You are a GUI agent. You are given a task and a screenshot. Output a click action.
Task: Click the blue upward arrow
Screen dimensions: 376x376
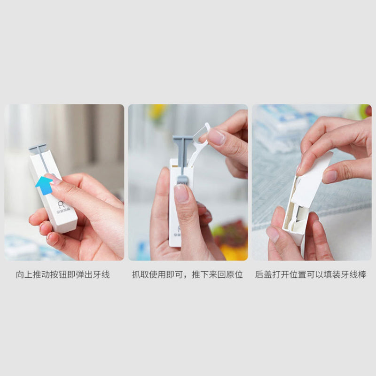(44, 186)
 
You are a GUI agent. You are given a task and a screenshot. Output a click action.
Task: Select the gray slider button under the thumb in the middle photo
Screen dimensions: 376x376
(182, 180)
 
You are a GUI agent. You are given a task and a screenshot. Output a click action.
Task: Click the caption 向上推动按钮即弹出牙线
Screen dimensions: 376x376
(63, 274)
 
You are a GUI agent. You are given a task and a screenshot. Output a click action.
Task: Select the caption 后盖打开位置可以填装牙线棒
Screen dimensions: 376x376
(311, 274)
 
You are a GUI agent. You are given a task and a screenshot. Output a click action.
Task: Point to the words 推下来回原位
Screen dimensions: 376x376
(217, 274)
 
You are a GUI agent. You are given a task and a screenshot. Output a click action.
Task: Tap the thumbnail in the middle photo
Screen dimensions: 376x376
(181, 193)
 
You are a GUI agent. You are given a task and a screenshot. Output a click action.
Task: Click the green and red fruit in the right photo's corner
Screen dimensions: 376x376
(365, 111)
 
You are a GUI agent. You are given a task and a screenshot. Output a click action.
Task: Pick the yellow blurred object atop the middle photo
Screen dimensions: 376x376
(157, 111)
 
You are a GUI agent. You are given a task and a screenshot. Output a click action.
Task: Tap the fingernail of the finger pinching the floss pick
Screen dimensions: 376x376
(216, 137)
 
